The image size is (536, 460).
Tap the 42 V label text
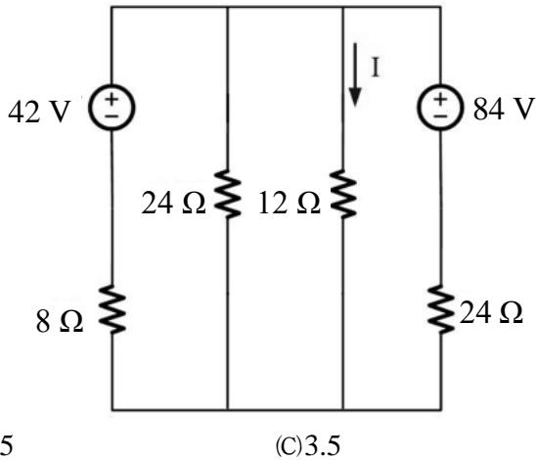coord(39,112)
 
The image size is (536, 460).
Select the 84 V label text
coord(504,109)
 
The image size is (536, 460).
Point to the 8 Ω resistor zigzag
coord(112,309)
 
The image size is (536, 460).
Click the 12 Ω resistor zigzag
coord(343,194)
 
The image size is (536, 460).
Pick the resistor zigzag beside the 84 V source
coord(440,309)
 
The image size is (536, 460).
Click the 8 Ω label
coord(60,322)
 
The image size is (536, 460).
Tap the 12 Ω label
coord(290,204)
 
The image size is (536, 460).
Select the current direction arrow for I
coord(355,75)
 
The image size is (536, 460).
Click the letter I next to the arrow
coord(376,68)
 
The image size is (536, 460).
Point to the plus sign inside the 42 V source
coord(112,99)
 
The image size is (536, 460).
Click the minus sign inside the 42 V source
coord(112,115)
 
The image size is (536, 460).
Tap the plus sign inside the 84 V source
coord(440,100)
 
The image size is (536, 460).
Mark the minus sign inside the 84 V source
coord(440,116)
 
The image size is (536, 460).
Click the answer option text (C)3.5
coord(308,445)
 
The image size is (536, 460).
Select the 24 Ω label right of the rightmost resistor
coord(491,312)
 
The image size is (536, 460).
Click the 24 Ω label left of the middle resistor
coord(173,204)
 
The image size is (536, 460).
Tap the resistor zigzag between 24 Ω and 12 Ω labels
coord(228,194)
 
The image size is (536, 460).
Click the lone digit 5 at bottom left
coord(6,445)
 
